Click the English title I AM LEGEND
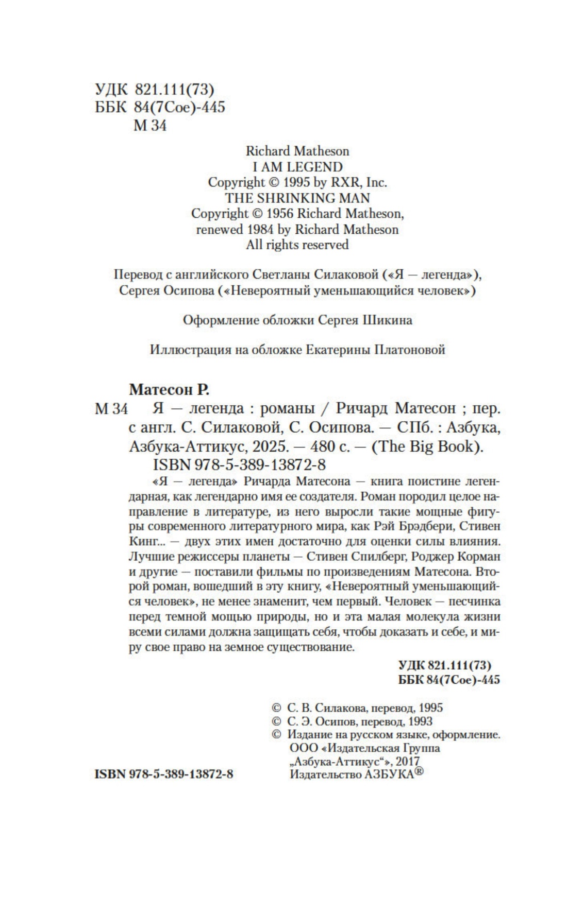pos(297,167)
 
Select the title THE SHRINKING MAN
pos(297,198)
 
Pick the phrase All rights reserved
pos(297,245)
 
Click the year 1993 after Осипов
pos(419,721)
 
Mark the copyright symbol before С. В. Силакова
pos(276,708)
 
